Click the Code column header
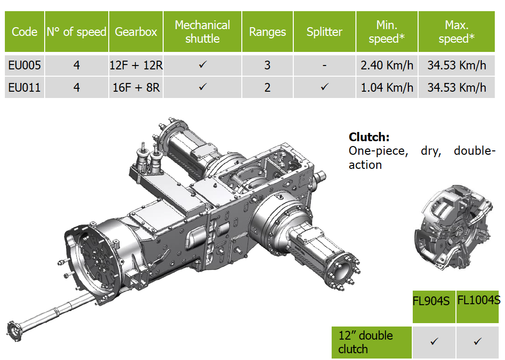[x=24, y=32]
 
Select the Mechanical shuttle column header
[x=202, y=32]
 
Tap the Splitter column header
[x=324, y=32]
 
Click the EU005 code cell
[x=24, y=65]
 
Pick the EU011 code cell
[x=24, y=87]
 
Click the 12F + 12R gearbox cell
[x=136, y=65]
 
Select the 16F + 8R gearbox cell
[x=136, y=87]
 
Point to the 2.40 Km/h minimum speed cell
[x=387, y=65]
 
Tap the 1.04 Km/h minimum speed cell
[x=387, y=87]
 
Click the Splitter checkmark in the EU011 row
[x=325, y=86]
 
